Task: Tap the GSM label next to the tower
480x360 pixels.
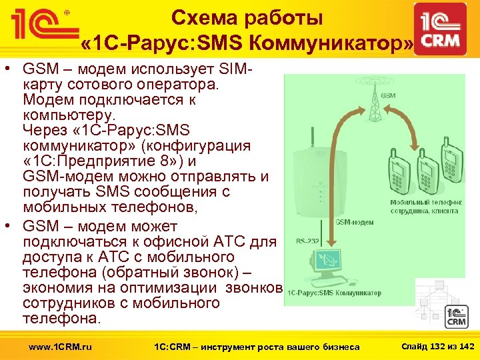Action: click(388, 95)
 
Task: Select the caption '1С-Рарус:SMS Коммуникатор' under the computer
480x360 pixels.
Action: click(334, 293)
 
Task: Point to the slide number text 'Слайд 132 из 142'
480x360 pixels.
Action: click(437, 346)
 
